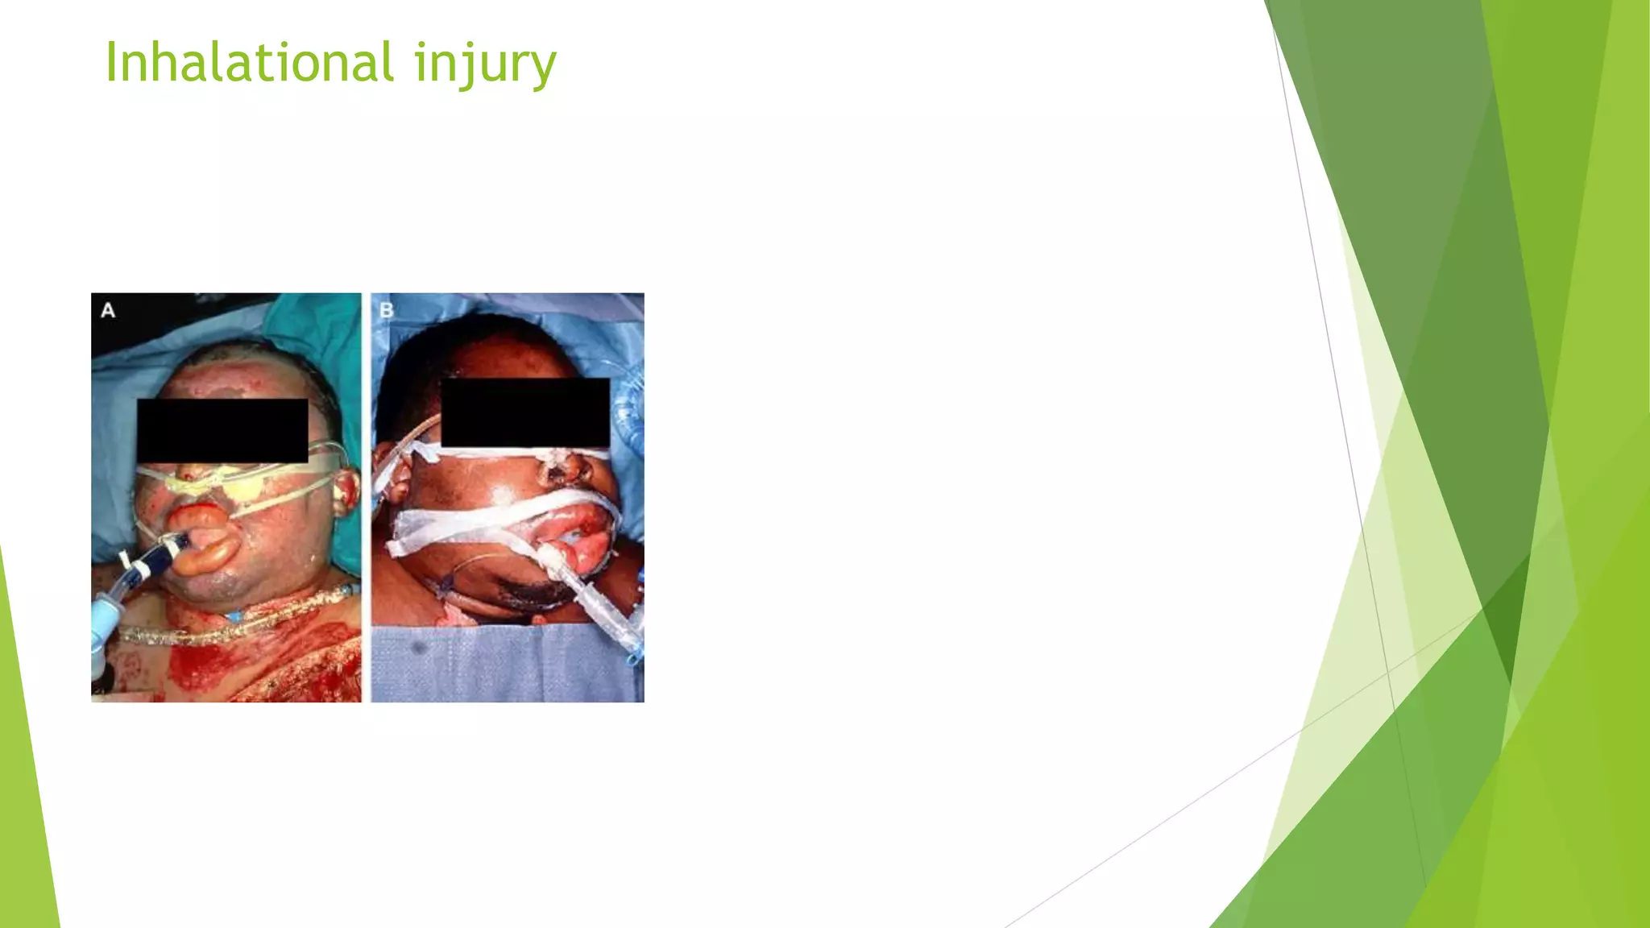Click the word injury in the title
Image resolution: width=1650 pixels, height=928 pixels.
point(485,64)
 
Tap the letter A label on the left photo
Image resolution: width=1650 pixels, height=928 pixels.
point(108,310)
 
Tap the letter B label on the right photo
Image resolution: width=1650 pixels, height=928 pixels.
point(386,310)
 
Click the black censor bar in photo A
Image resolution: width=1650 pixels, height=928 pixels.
point(222,430)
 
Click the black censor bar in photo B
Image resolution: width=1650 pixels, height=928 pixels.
point(525,412)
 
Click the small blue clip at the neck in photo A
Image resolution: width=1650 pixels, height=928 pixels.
point(234,616)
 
